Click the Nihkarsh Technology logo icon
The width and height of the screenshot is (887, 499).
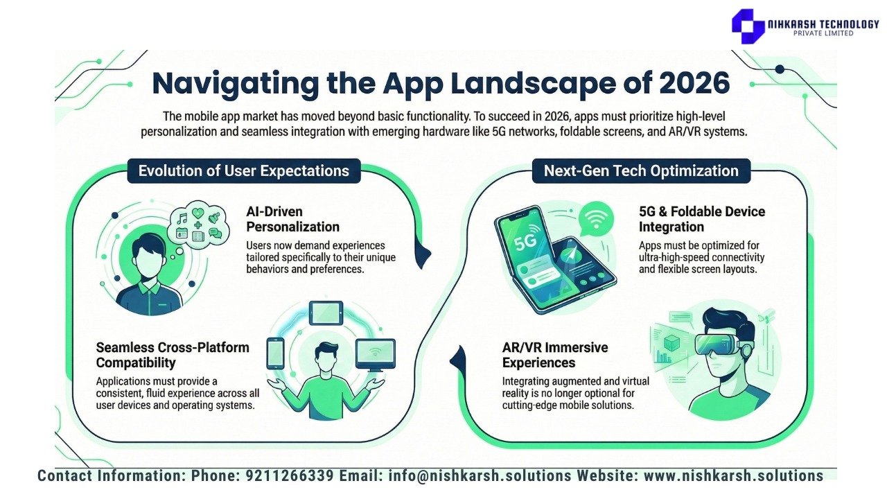click(748, 26)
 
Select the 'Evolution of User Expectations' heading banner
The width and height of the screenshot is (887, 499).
click(243, 170)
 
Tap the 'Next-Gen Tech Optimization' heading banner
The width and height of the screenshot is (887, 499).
click(641, 170)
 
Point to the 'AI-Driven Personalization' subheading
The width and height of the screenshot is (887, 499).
click(292, 219)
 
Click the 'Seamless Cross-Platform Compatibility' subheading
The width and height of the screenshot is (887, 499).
click(173, 355)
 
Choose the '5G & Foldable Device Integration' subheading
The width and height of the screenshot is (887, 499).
click(702, 219)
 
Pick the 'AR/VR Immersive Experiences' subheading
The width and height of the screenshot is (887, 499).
click(555, 355)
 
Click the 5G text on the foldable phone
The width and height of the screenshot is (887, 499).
click(525, 242)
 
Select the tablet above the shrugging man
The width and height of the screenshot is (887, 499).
click(326, 313)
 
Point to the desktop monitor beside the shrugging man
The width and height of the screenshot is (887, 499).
click(375, 355)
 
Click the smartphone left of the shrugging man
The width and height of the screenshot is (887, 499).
click(275, 353)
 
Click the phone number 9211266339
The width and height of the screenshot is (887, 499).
click(290, 475)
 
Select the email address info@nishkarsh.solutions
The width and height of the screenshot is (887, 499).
click(480, 475)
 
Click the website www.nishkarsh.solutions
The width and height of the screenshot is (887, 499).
click(733, 475)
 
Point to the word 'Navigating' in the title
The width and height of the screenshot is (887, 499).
click(236, 84)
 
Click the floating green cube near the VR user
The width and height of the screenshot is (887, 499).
click(671, 342)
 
